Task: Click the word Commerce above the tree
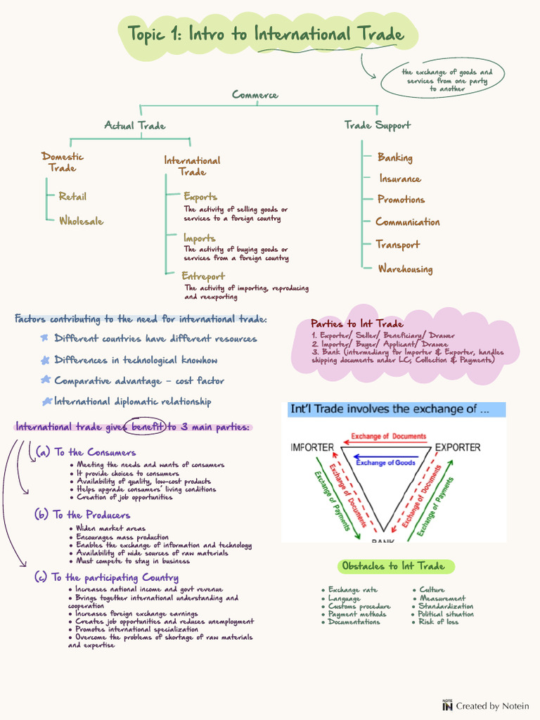(255, 95)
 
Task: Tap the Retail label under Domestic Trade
(72, 197)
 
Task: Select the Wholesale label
(82, 221)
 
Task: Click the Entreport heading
(203, 276)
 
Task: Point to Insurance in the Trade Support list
(400, 178)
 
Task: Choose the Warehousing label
(406, 269)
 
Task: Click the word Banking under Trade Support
(395, 157)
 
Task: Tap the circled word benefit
(147, 427)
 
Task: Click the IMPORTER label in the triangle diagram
(312, 447)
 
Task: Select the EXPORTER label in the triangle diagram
(458, 447)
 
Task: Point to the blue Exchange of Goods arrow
(386, 457)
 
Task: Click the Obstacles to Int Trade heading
(394, 566)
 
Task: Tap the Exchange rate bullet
(349, 590)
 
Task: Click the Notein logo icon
(447, 705)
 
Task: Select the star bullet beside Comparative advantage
(46, 380)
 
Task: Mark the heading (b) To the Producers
(82, 515)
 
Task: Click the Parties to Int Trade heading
(356, 323)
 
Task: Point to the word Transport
(398, 245)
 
